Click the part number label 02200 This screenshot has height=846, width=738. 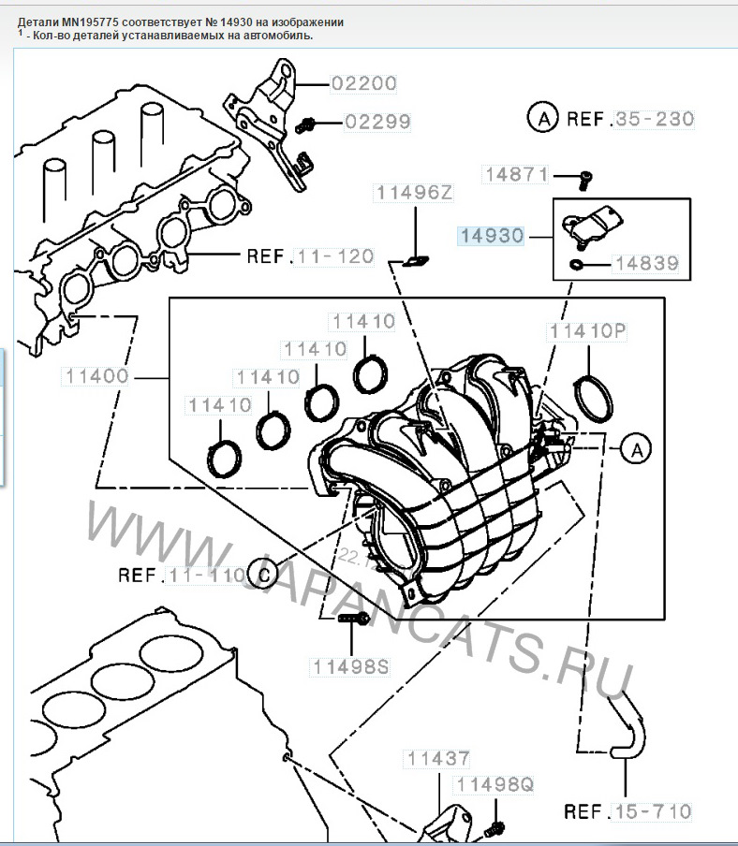(x=365, y=83)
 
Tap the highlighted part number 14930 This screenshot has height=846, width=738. (x=491, y=236)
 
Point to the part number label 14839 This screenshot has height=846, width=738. (x=647, y=264)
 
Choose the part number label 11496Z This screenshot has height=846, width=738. (x=413, y=194)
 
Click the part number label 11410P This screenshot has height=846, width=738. (x=586, y=330)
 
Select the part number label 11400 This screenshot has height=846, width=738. (x=97, y=377)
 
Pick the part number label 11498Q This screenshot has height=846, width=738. (x=493, y=784)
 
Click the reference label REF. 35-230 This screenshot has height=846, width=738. (x=628, y=119)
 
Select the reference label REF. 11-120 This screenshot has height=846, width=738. (x=309, y=255)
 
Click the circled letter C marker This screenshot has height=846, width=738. (x=263, y=574)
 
